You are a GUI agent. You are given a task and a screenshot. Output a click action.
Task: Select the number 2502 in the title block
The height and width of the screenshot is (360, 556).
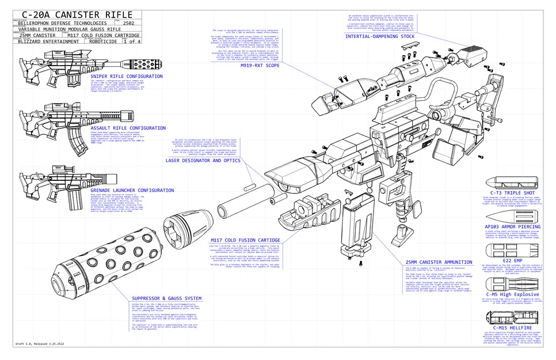click(129, 23)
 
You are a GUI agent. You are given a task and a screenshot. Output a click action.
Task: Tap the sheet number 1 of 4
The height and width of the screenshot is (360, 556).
click(131, 41)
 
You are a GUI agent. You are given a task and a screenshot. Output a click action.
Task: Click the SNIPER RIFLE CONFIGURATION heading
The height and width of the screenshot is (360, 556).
click(126, 76)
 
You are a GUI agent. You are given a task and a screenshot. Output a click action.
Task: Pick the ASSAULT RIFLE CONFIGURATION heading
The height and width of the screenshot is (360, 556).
click(128, 128)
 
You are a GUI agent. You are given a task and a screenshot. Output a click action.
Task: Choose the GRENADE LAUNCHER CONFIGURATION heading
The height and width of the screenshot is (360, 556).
click(132, 190)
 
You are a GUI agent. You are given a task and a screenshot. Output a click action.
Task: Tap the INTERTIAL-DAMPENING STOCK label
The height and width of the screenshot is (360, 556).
click(379, 36)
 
